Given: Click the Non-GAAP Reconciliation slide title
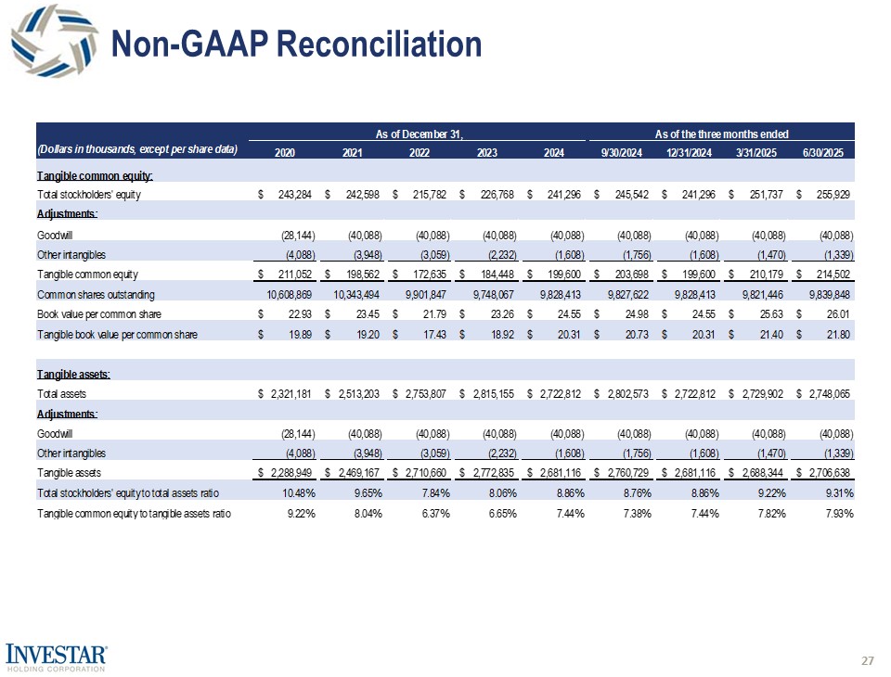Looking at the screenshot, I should pos(296,44).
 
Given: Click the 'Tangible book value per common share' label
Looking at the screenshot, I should pos(116,334).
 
